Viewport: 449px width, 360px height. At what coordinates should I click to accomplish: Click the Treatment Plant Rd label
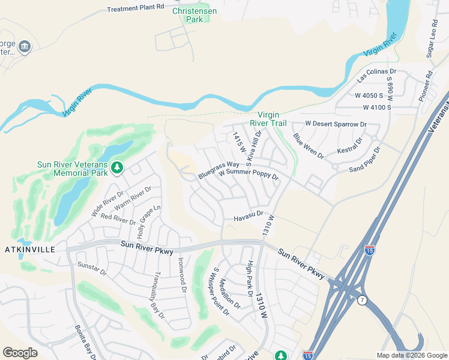click(135, 8)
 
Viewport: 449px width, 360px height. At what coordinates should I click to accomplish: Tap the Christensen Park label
click(196, 15)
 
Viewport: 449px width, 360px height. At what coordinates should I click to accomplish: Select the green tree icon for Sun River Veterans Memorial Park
click(118, 167)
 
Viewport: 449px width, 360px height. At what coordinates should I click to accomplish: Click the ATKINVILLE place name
click(30, 249)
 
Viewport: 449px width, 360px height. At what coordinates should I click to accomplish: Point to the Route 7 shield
click(362, 300)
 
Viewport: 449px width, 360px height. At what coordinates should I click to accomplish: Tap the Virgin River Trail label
click(273, 119)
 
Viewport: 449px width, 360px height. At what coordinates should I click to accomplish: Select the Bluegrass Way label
click(218, 170)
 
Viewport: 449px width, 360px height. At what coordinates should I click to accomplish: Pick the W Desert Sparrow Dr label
click(336, 124)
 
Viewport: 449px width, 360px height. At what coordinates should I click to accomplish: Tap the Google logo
click(20, 353)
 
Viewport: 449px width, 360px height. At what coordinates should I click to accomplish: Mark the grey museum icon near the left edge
click(24, 46)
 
